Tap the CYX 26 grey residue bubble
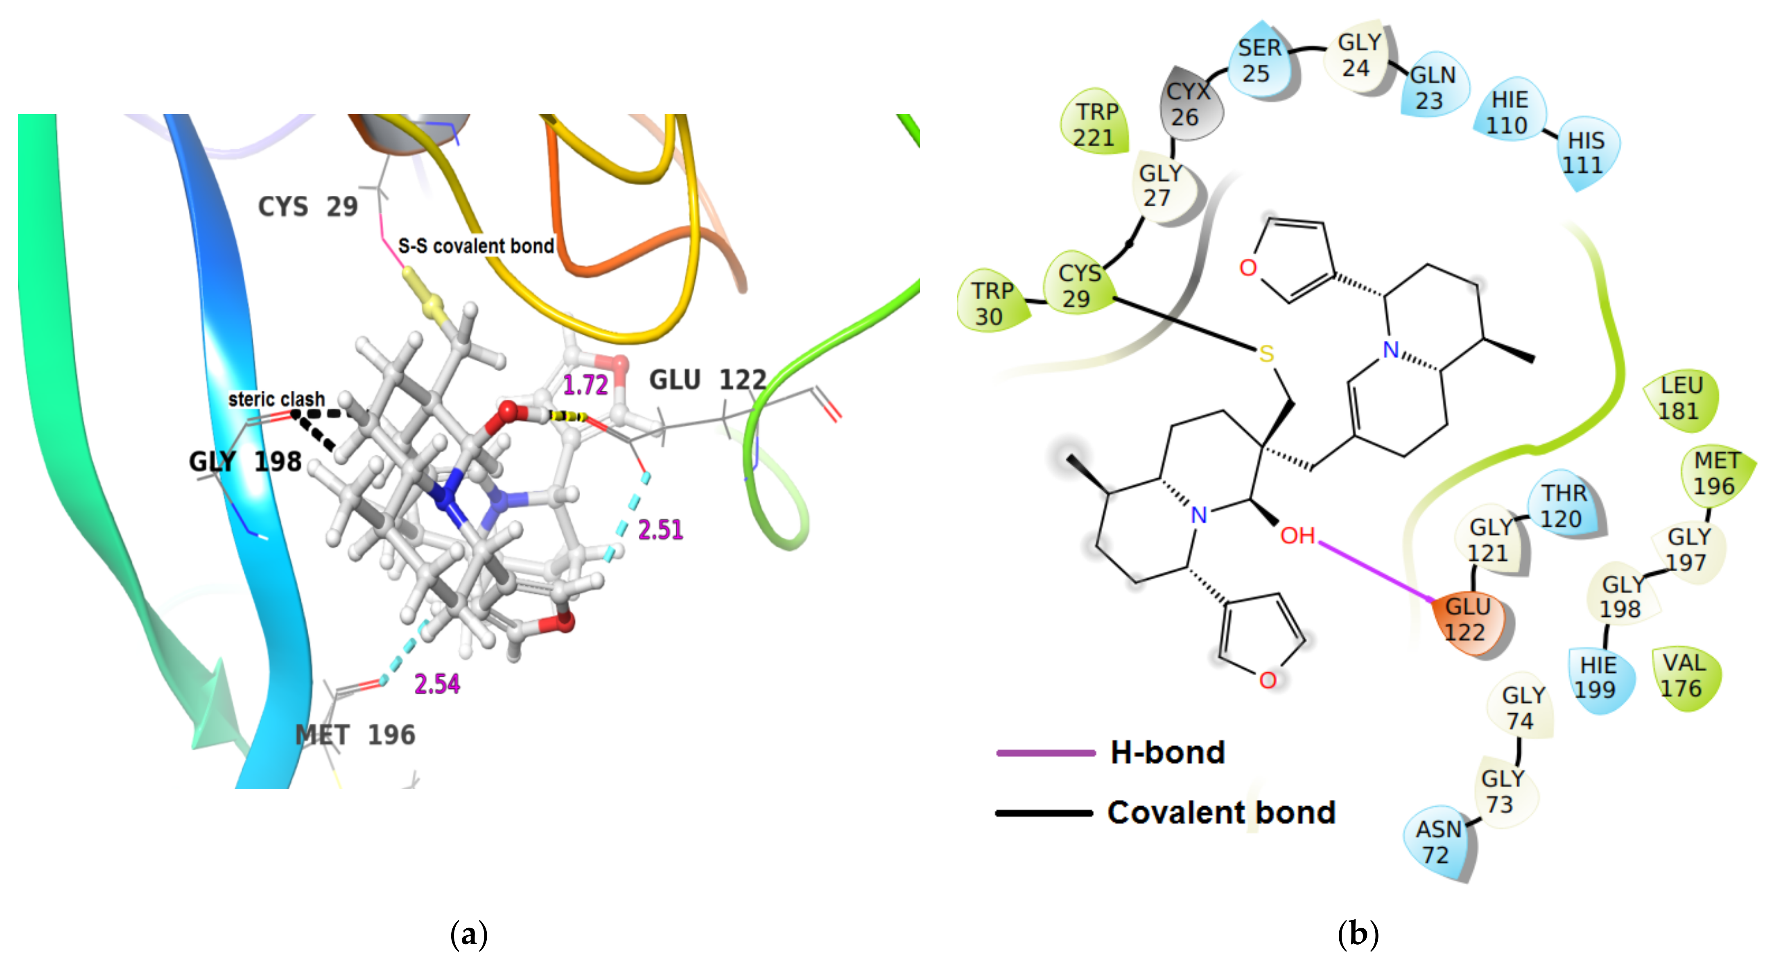click(x=1187, y=105)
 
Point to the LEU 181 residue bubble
click(x=1680, y=398)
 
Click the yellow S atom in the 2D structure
click(x=1266, y=354)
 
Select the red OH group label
click(x=1297, y=536)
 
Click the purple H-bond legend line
click(x=1045, y=753)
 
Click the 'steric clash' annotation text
click(x=276, y=399)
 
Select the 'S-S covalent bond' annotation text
click(x=476, y=246)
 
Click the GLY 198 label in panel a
click(x=245, y=461)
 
